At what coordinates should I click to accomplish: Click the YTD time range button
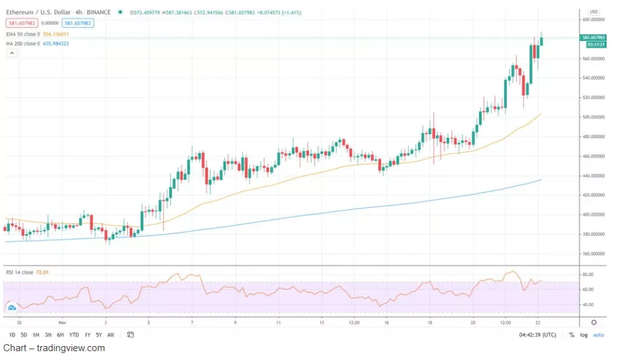tap(74, 335)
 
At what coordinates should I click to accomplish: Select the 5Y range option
tap(99, 335)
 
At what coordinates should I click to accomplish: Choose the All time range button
tap(110, 335)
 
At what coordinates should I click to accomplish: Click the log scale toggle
tap(583, 335)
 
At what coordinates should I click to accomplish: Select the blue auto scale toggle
tap(598, 335)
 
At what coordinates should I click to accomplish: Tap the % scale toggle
tap(572, 335)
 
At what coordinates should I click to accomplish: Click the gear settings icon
tap(594, 322)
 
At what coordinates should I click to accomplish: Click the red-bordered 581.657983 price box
tap(21, 24)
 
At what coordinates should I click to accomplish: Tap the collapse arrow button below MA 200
tap(11, 53)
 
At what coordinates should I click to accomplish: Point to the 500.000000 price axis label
tap(593, 117)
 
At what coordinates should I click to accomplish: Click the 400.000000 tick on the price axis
tap(593, 215)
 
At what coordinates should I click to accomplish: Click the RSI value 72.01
tap(42, 272)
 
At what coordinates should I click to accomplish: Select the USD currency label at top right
tap(593, 11)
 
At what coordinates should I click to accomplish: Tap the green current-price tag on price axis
tap(593, 38)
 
